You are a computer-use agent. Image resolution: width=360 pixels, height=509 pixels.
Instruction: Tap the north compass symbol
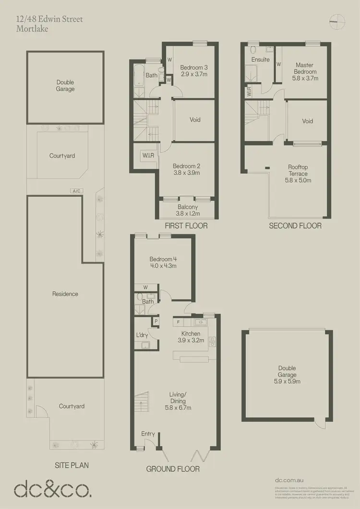coord(338,19)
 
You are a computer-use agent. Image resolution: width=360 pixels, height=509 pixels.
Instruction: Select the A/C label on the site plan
coord(76,191)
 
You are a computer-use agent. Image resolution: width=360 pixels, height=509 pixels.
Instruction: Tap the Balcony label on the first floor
coord(188,207)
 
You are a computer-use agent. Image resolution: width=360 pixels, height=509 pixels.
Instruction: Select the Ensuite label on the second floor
coord(260,60)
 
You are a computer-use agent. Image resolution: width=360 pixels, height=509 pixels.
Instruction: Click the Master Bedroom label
coord(304,68)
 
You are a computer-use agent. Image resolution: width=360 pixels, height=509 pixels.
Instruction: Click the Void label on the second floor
coord(307,121)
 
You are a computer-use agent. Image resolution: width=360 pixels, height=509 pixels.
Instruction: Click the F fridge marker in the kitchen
coord(179,321)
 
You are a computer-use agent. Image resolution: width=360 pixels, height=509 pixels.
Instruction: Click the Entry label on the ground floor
coord(148,434)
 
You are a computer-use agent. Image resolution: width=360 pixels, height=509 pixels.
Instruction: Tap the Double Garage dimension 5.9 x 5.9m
coord(287,382)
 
